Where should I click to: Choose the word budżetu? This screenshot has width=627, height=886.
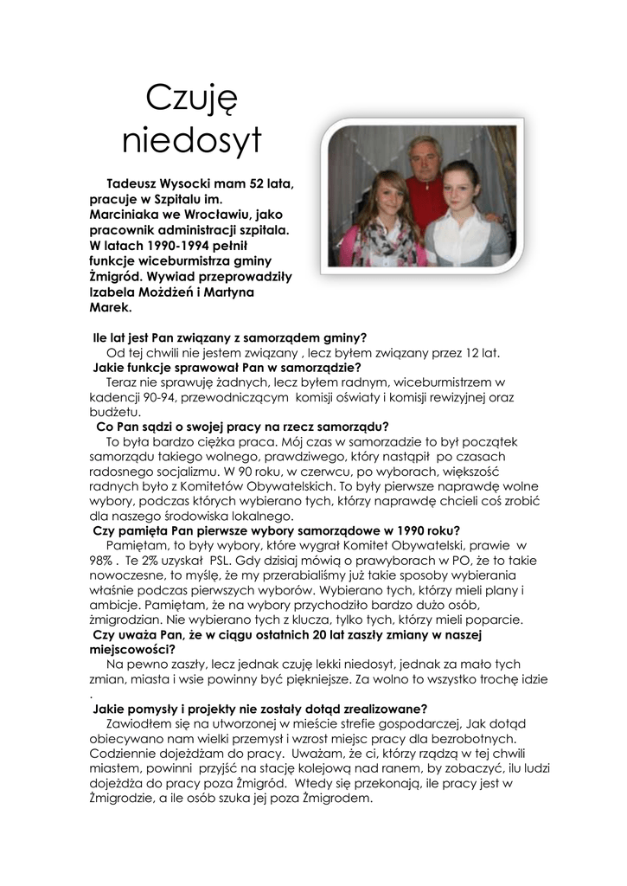click(x=114, y=413)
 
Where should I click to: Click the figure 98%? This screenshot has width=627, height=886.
click(x=102, y=561)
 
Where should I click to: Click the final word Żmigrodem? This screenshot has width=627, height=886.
click(x=337, y=799)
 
